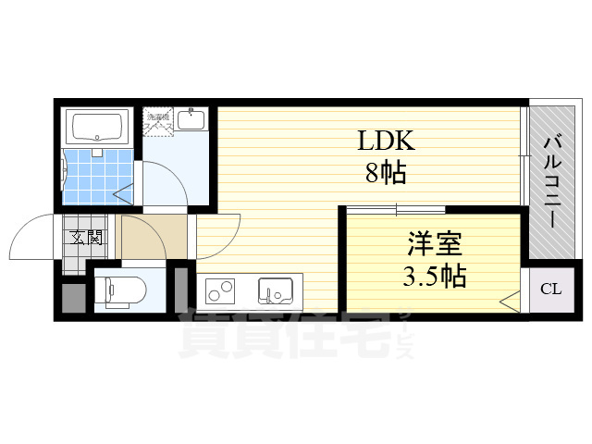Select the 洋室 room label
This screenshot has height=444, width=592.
(433, 244)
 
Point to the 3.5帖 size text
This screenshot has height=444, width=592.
(434, 276)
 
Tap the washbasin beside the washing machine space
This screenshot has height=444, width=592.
(193, 119)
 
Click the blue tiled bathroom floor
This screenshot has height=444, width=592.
(92, 172)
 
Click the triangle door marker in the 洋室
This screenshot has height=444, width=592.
(508, 300)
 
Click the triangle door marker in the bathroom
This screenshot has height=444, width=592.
(120, 194)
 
